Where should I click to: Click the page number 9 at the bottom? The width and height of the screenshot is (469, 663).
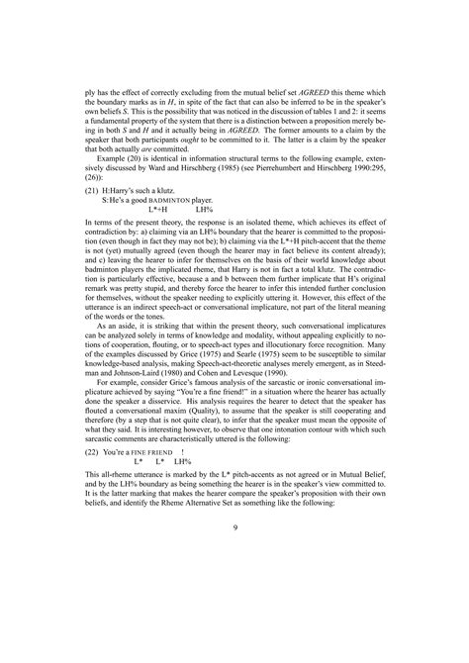234,526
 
